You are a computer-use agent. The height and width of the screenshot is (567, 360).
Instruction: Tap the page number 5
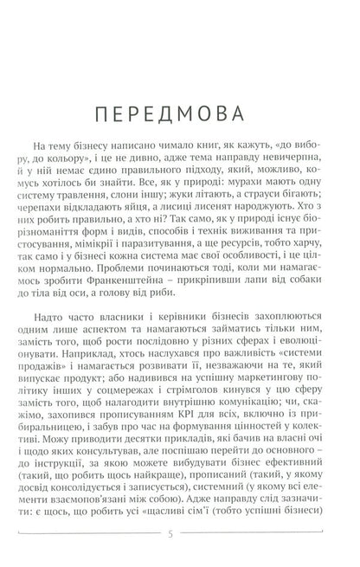point(180,542)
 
